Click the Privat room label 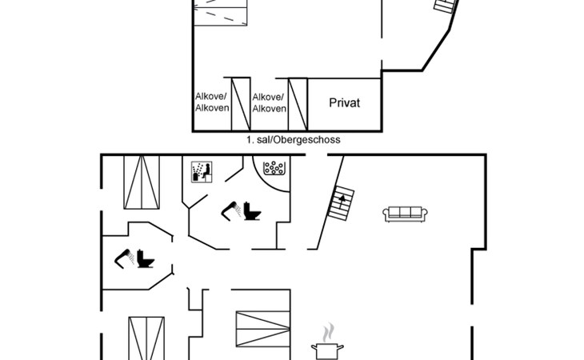click(x=345, y=102)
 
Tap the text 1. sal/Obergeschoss click(x=293, y=140)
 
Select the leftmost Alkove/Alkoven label click(x=212, y=102)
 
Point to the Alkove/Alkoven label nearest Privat click(x=269, y=102)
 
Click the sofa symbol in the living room click(x=405, y=214)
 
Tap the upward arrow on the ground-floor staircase click(x=342, y=198)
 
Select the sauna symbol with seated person click(x=202, y=172)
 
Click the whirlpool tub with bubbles click(x=274, y=168)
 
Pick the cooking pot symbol click(x=327, y=351)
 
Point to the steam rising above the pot click(x=328, y=333)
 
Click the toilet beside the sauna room click(x=252, y=210)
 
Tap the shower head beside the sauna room click(x=231, y=211)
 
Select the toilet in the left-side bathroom click(x=146, y=258)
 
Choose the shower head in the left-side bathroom click(x=124, y=258)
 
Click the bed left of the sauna click(x=142, y=182)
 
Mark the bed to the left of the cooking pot click(x=263, y=329)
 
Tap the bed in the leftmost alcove click(x=241, y=104)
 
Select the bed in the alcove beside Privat click(x=298, y=104)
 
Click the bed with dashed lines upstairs click(x=221, y=13)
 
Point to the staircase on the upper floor click(x=446, y=6)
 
